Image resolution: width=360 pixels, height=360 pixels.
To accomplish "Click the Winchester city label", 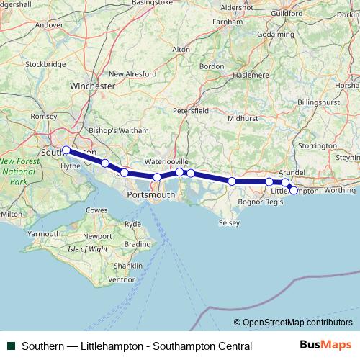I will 92,85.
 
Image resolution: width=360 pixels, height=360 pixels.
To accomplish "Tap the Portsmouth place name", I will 150,194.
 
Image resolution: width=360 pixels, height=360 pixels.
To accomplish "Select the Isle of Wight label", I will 87,248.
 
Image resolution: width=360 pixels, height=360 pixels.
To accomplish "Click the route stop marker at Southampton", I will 66,150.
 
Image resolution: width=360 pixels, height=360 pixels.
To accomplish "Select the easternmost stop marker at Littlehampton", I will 293,191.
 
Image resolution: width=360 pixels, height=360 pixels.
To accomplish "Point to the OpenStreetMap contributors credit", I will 293,323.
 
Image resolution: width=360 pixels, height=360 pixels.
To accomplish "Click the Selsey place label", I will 229,223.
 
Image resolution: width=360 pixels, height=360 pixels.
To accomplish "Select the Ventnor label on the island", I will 120,279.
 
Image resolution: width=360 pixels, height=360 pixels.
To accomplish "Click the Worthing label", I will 341,190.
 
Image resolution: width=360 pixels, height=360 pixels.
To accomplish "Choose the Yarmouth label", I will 45,235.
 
